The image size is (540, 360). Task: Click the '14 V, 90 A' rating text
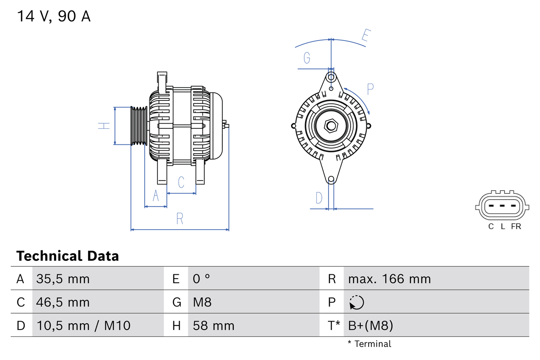pyautogui.click(x=54, y=16)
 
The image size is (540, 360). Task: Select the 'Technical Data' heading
pyautogui.click(x=67, y=256)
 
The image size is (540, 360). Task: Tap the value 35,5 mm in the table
pyautogui.click(x=63, y=279)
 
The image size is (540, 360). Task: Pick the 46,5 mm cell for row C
pyautogui.click(x=63, y=302)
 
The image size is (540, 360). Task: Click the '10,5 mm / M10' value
pyautogui.click(x=83, y=325)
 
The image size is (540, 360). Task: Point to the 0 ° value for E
pyautogui.click(x=201, y=279)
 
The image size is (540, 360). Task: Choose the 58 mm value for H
pyautogui.click(x=213, y=325)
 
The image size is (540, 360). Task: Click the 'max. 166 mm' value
pyautogui.click(x=389, y=279)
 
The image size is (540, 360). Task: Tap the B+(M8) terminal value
pyautogui.click(x=370, y=325)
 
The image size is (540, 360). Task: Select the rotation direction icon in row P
pyautogui.click(x=356, y=302)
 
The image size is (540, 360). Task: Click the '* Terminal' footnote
pyautogui.click(x=369, y=344)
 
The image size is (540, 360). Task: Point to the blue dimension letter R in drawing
pyautogui.click(x=180, y=219)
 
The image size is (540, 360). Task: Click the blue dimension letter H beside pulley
pyautogui.click(x=104, y=126)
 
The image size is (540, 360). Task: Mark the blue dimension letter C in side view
pyautogui.click(x=181, y=182)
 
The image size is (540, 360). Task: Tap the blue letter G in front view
pyautogui.click(x=307, y=57)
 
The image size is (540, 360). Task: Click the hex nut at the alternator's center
pyautogui.click(x=331, y=125)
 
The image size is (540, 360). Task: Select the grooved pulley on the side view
pyautogui.click(x=138, y=126)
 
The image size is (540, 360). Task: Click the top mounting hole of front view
pyautogui.click(x=331, y=77)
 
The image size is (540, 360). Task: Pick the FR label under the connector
pyautogui.click(x=516, y=227)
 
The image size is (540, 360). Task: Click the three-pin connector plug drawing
pyautogui.click(x=501, y=206)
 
